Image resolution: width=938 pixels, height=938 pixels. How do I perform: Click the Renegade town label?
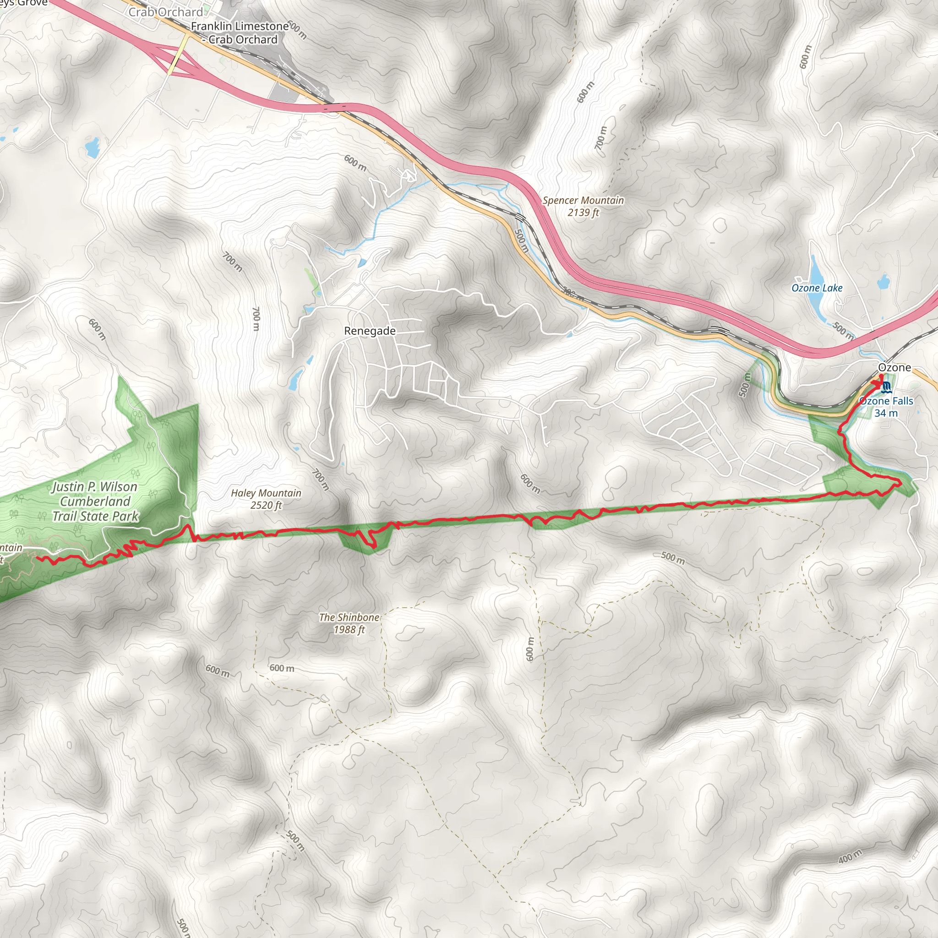(x=370, y=331)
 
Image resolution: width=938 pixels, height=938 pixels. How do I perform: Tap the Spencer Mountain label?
(x=583, y=200)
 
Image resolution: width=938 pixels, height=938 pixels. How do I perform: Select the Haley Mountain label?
(x=266, y=493)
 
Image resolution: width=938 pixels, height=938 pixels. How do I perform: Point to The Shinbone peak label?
(x=349, y=617)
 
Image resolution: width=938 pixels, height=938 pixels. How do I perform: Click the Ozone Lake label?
(x=817, y=288)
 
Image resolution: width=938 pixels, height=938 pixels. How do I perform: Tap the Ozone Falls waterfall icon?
(x=886, y=387)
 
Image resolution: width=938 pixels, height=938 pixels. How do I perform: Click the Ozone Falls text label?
(x=886, y=401)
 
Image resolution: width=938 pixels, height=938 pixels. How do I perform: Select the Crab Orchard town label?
(x=165, y=12)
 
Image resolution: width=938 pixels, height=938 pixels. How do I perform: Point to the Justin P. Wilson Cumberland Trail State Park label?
(x=95, y=501)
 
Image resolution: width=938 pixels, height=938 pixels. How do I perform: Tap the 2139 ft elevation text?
(x=583, y=212)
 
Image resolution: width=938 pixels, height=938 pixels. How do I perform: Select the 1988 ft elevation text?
(x=349, y=630)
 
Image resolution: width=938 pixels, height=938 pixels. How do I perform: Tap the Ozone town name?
(x=894, y=367)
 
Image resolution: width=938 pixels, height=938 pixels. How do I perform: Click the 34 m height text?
(x=886, y=413)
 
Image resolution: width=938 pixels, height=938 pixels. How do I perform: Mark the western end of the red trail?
(x=38, y=558)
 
